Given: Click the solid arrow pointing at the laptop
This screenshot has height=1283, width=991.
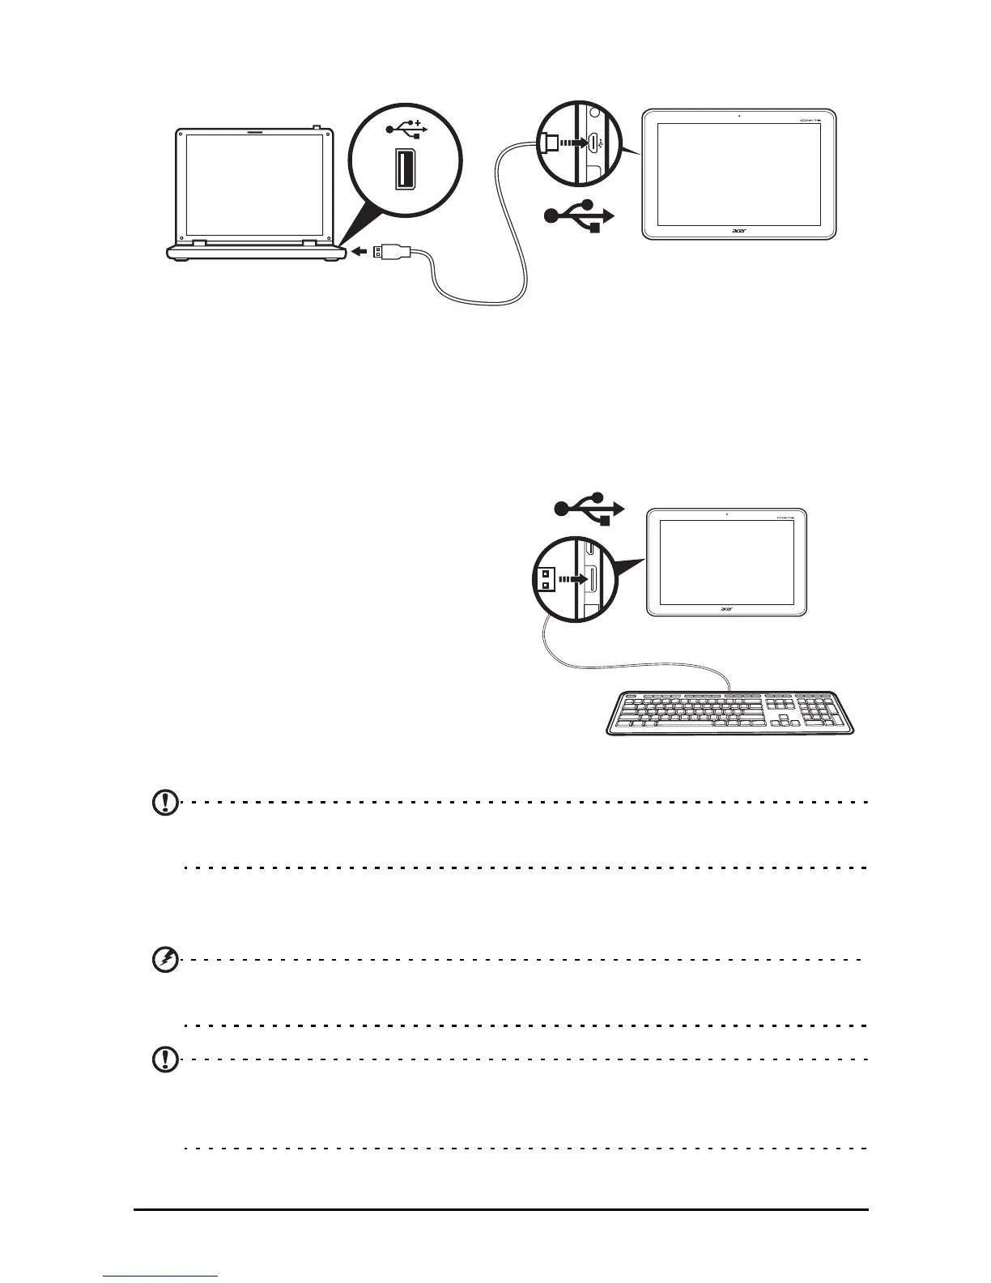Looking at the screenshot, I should (x=359, y=252).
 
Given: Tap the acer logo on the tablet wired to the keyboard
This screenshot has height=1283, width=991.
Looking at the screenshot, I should (x=727, y=608).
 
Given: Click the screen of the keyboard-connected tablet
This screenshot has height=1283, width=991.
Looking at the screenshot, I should (x=726, y=561).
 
